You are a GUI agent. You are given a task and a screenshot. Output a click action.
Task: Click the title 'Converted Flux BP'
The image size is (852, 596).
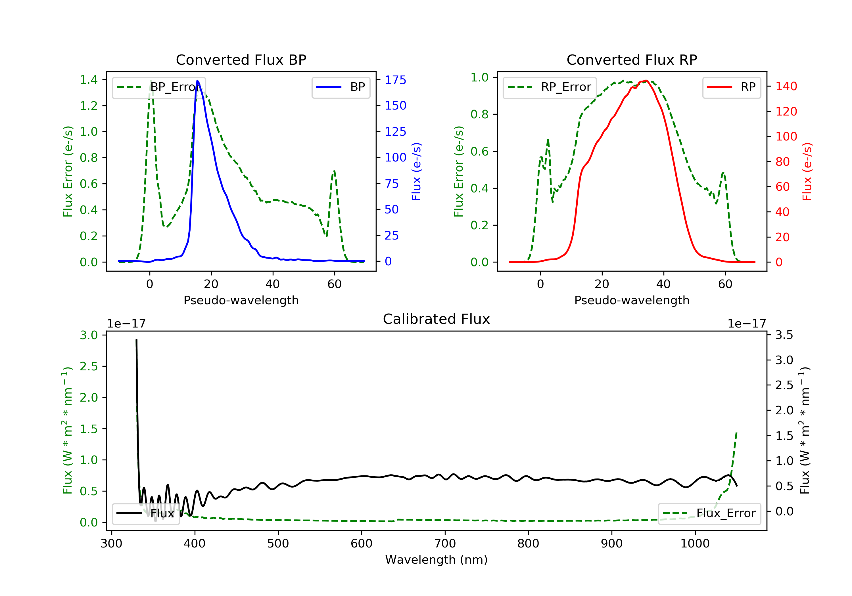tap(241, 60)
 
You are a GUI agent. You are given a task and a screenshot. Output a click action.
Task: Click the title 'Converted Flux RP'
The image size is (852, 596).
tap(632, 60)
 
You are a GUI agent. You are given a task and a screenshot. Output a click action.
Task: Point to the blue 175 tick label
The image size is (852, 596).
tap(395, 80)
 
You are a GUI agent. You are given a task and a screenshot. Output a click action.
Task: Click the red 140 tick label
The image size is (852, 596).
tap(786, 86)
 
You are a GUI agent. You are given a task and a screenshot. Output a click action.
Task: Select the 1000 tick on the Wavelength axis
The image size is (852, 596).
tap(695, 544)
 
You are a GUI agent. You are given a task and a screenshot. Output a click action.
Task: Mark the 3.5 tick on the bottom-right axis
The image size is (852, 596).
tap(784, 335)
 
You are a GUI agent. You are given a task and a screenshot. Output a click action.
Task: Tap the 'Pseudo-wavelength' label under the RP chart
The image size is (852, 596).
tap(632, 300)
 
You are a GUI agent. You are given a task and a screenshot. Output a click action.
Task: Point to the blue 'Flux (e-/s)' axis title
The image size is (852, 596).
tap(416, 171)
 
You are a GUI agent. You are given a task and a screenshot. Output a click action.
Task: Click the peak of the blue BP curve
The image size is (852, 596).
tap(197, 81)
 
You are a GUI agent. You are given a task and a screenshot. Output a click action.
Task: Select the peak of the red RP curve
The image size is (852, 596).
tap(646, 81)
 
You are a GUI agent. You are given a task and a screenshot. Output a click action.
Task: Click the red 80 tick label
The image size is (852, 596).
tap(782, 162)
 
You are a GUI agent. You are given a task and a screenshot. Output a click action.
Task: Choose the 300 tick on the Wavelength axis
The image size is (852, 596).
tap(111, 544)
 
